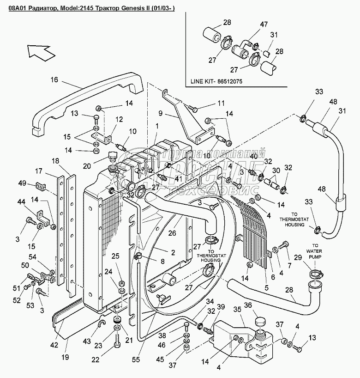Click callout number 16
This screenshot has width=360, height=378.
pos(54,80)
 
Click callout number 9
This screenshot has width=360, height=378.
pos(161,112)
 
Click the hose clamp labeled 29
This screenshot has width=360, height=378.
pos(315,275)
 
